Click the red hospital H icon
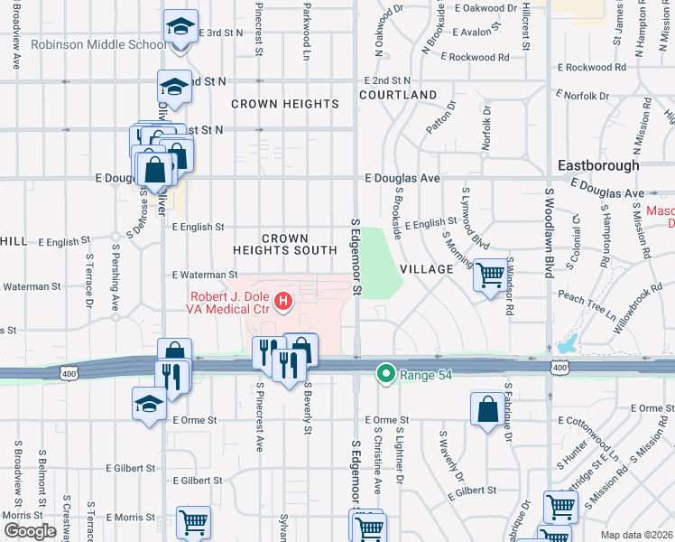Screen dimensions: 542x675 click(283, 301)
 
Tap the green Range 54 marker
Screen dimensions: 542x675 click(386, 372)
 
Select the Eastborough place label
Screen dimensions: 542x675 click(598, 165)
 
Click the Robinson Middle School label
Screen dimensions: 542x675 click(97, 44)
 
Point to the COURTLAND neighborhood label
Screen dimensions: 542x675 click(398, 95)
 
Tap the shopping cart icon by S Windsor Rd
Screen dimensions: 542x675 click(490, 275)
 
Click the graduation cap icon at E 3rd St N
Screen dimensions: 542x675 click(180, 27)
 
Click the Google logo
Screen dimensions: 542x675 click(30, 531)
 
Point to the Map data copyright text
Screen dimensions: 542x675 click(637, 535)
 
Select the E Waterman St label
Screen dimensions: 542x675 click(205, 275)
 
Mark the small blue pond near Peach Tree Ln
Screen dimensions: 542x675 click(568, 344)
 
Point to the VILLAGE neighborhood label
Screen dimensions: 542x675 click(425, 269)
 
